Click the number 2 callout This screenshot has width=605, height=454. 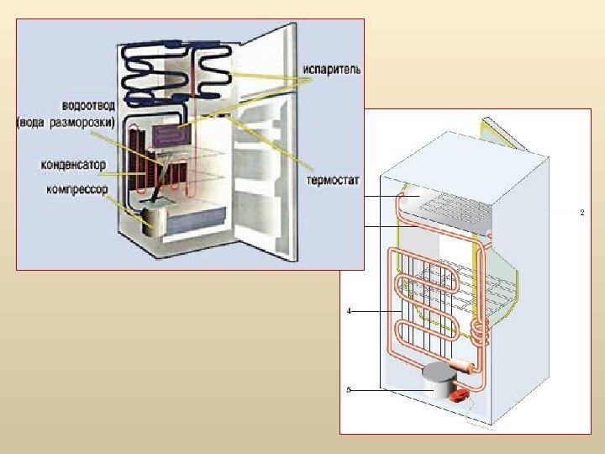(582, 213)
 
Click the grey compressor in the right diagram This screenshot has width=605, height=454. (437, 383)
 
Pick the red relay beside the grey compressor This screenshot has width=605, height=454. (460, 393)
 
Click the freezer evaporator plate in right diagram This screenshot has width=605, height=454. (454, 207)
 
